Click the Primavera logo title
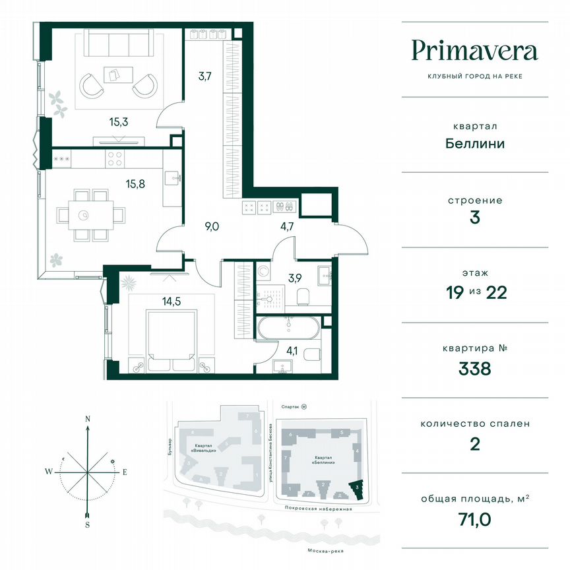[474, 51]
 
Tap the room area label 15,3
[119, 121]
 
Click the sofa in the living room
[119, 45]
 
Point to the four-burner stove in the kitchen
[115, 159]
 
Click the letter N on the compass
[87, 418]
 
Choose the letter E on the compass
[125, 471]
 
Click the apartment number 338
[475, 368]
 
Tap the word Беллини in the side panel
[475, 143]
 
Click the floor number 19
[456, 292]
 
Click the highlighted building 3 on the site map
[357, 489]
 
